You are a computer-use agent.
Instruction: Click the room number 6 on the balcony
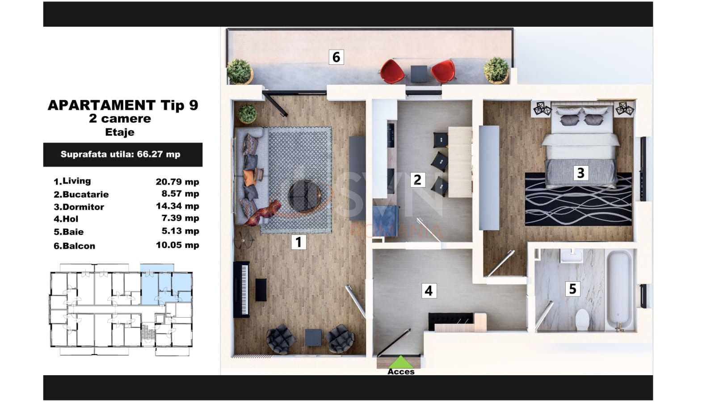[x=336, y=57]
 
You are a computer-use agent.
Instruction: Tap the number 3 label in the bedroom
[x=580, y=173]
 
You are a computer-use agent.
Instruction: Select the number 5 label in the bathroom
[x=572, y=289]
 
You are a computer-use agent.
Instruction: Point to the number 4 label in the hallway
[x=429, y=291]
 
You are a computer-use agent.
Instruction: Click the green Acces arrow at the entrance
[x=400, y=362]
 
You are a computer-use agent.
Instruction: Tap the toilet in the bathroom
[x=582, y=319]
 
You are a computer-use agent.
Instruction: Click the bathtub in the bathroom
[x=620, y=290]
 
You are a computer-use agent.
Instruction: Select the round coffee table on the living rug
[x=304, y=196]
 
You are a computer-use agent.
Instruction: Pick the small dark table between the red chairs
[x=418, y=74]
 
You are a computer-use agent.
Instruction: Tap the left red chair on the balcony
[x=392, y=71]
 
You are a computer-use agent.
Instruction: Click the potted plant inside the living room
[x=247, y=114]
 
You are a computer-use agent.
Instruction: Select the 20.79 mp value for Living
[x=177, y=182]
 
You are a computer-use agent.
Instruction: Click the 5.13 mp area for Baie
[x=181, y=231]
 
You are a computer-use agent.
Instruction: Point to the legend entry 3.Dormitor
[x=79, y=207]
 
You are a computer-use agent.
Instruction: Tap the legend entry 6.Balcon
[x=74, y=246]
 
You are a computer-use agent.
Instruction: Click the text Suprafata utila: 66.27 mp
[x=120, y=155]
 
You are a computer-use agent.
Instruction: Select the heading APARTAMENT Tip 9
[x=123, y=105]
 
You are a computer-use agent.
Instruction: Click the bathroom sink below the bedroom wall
[x=572, y=256]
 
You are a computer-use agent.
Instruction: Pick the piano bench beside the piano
[x=261, y=290]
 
